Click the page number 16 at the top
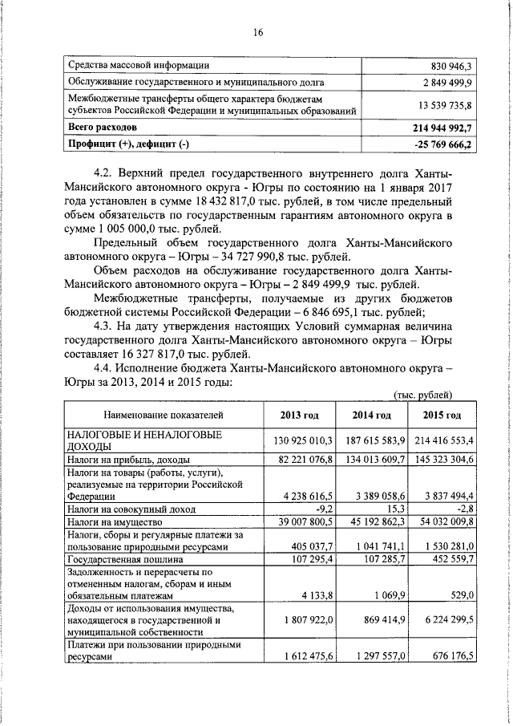coord(258,33)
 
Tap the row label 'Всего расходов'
coord(103,128)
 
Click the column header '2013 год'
coord(300,415)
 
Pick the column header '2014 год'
coord(372,415)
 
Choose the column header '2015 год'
coord(442,415)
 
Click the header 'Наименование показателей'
coord(162,415)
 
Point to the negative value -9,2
coord(322,509)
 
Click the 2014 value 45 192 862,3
coord(370,521)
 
